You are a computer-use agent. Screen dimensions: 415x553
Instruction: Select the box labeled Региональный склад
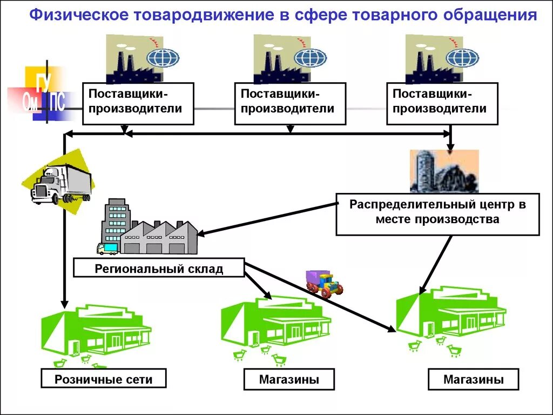pyautogui.click(x=159, y=268)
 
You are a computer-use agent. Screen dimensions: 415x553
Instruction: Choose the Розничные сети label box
pyautogui.click(x=104, y=379)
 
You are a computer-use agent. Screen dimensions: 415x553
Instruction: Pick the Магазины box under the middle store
pyautogui.click(x=289, y=379)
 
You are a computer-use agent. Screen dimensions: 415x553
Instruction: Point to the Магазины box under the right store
pyautogui.click(x=474, y=379)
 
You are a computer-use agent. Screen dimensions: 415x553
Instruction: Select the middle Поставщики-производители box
pyautogui.click(x=290, y=103)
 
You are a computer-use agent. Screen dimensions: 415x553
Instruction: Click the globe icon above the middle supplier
pyautogui.click(x=311, y=58)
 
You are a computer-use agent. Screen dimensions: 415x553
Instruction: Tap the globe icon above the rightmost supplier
pyautogui.click(x=462, y=58)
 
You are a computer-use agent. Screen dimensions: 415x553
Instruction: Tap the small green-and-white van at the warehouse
pyautogui.click(x=107, y=249)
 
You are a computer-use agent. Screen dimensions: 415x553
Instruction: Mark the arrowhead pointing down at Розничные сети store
pyautogui.click(x=64, y=304)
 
